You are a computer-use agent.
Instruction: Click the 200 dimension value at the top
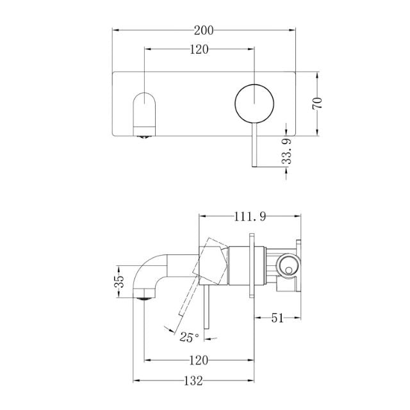(x=204, y=29)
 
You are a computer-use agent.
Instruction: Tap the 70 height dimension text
(x=316, y=103)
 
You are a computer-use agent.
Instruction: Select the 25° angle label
(x=189, y=336)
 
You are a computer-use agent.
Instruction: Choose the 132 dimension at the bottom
(x=193, y=381)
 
